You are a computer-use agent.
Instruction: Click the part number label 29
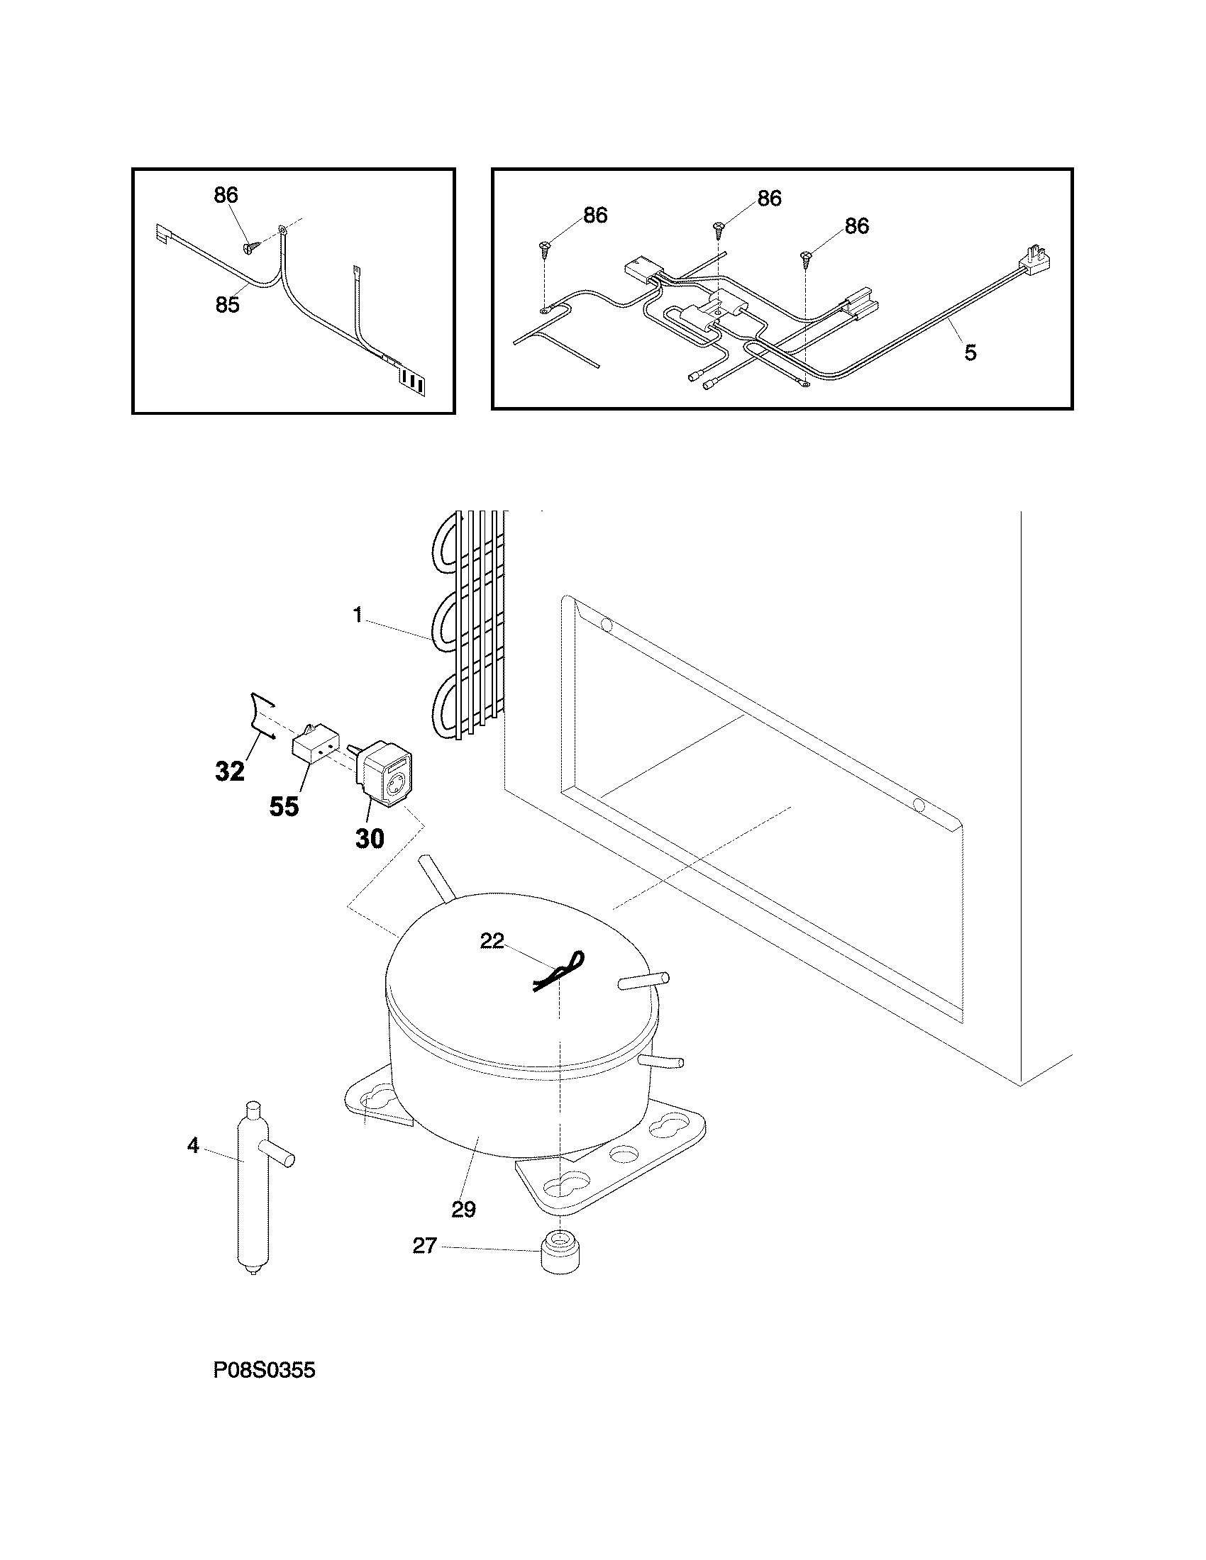464,1209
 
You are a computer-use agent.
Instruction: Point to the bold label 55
284,806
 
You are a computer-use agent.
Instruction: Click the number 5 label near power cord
970,352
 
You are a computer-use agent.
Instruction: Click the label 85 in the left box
227,305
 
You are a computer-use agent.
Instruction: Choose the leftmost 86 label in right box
594,215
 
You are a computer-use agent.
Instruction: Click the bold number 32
230,771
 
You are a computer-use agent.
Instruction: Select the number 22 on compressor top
492,941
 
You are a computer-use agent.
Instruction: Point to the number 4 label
193,1146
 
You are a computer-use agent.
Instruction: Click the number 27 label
424,1246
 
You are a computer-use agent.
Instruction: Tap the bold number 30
370,838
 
